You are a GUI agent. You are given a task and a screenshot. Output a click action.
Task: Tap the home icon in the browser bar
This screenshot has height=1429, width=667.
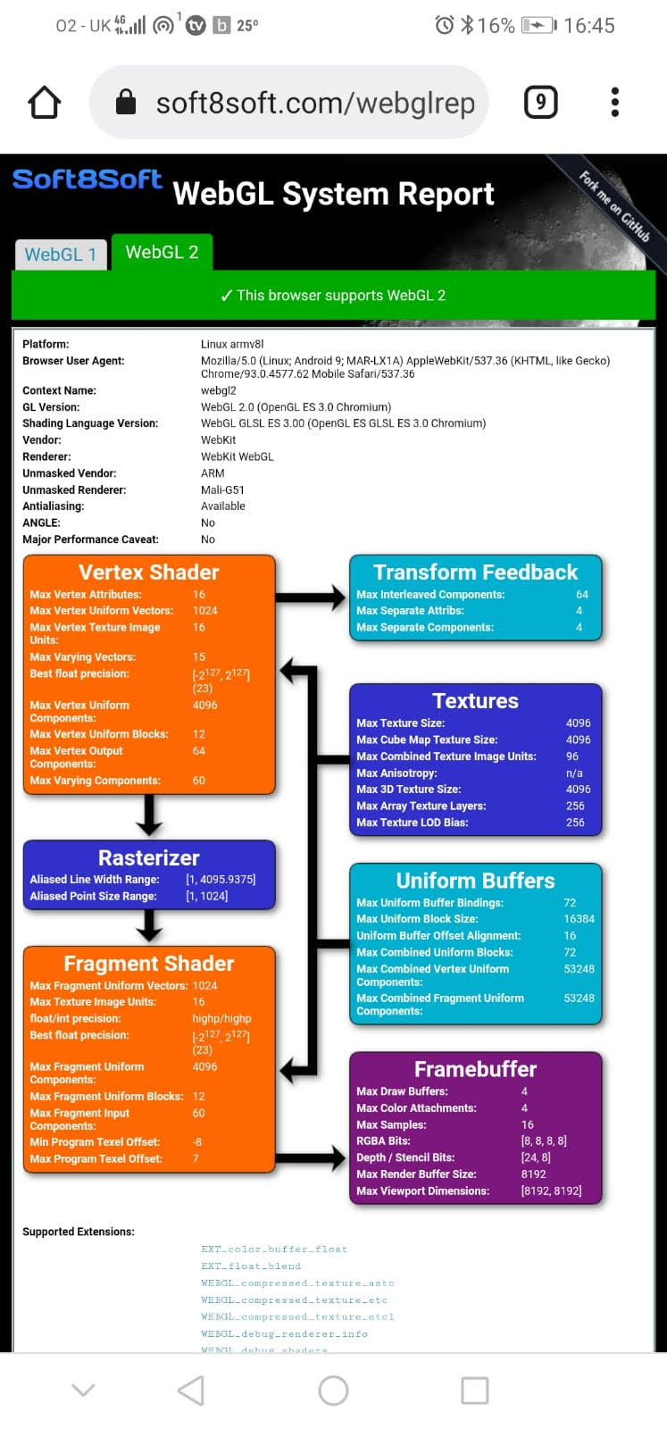point(44,102)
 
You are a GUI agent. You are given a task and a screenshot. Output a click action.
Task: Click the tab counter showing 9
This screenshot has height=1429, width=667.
point(541,102)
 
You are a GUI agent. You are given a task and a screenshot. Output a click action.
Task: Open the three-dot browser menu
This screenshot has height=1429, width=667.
point(614,102)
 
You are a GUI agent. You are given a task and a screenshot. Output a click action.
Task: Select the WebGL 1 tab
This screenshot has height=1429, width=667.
point(61,255)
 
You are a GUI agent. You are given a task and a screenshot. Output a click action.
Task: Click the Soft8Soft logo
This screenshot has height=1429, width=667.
point(88,180)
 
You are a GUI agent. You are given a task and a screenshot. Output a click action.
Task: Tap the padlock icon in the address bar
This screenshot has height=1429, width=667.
point(126,102)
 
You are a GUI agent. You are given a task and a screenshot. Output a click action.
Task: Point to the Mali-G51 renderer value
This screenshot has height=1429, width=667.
point(222,490)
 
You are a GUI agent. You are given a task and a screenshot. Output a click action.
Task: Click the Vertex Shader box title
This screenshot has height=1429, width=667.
point(148,572)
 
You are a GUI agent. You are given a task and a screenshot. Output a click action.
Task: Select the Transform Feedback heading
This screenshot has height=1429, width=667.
point(476,572)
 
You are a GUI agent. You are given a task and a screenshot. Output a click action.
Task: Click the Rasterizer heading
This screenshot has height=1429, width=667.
point(148,858)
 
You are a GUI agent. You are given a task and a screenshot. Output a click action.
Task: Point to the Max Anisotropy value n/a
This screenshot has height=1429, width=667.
point(574,773)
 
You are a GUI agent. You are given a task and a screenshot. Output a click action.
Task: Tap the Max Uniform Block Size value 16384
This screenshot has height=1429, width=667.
point(579,919)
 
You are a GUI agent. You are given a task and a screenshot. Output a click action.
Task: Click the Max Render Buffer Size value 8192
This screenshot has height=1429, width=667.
point(534,1174)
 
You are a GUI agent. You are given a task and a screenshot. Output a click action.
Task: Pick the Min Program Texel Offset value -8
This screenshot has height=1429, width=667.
point(197,1142)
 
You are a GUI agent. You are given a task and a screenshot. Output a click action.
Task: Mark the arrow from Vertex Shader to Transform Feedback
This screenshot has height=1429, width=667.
point(311,598)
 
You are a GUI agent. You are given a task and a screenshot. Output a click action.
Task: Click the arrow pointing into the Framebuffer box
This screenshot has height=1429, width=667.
point(311,1157)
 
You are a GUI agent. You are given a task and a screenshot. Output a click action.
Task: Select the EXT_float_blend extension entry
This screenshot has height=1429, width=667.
point(251,1266)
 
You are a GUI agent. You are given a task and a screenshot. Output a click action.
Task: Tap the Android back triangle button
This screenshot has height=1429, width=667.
point(191,1391)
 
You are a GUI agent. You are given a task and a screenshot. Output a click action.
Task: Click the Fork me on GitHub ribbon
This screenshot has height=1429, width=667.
point(613,206)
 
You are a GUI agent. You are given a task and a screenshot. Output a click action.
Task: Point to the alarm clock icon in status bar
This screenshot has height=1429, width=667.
point(445,25)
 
